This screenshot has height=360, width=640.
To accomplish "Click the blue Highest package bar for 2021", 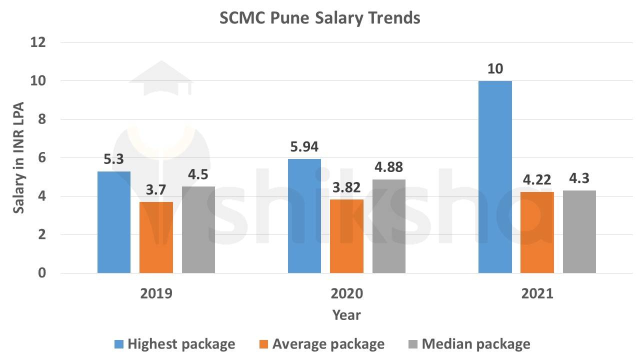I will (x=495, y=177).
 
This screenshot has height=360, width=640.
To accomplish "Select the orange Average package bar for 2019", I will (x=156, y=237).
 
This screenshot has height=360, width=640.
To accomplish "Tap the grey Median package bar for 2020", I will (x=389, y=226).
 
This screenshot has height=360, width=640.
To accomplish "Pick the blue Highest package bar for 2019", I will (x=114, y=222).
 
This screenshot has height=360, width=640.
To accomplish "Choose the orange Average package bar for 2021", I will (x=537, y=232).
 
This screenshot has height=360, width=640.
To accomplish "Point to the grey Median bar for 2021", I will (x=579, y=231).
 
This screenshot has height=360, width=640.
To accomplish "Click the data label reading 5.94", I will (x=304, y=147).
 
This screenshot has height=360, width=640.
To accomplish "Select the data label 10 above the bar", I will (x=495, y=68).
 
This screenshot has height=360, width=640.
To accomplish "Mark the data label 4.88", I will (x=389, y=167).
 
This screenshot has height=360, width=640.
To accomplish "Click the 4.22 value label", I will (x=537, y=179).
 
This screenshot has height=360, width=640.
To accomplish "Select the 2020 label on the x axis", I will (x=346, y=293).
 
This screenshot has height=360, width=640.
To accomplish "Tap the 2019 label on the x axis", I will (x=156, y=293).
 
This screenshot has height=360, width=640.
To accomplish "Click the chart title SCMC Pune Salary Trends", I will (x=320, y=18).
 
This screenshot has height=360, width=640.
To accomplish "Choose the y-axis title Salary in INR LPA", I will (x=19, y=158).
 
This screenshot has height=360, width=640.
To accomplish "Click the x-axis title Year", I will (x=346, y=315).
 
